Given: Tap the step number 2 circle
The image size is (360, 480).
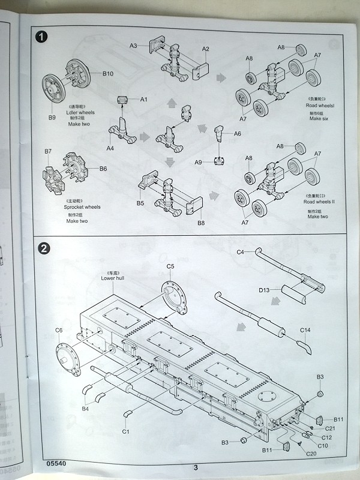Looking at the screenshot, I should [x=43, y=247].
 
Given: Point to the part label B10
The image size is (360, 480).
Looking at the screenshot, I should [x=108, y=73].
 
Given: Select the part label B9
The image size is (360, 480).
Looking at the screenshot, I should [x=52, y=117].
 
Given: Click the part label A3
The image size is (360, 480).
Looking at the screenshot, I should [x=134, y=46].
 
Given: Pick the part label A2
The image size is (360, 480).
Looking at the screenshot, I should [x=206, y=49].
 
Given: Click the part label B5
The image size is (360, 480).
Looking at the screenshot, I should [x=140, y=203].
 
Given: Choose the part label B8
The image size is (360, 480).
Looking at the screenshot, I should [x=200, y=223].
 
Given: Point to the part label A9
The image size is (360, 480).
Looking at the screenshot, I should [x=199, y=162].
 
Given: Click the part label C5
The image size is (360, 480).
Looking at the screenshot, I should [x=170, y=266].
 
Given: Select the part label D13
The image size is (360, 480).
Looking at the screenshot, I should [x=265, y=290].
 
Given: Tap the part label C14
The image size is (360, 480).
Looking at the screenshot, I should [x=305, y=330].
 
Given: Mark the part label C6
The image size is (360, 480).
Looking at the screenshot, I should [x=59, y=330].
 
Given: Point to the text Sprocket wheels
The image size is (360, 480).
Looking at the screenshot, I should [x=82, y=207].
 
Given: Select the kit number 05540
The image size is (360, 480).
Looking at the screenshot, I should [x=55, y=463].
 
